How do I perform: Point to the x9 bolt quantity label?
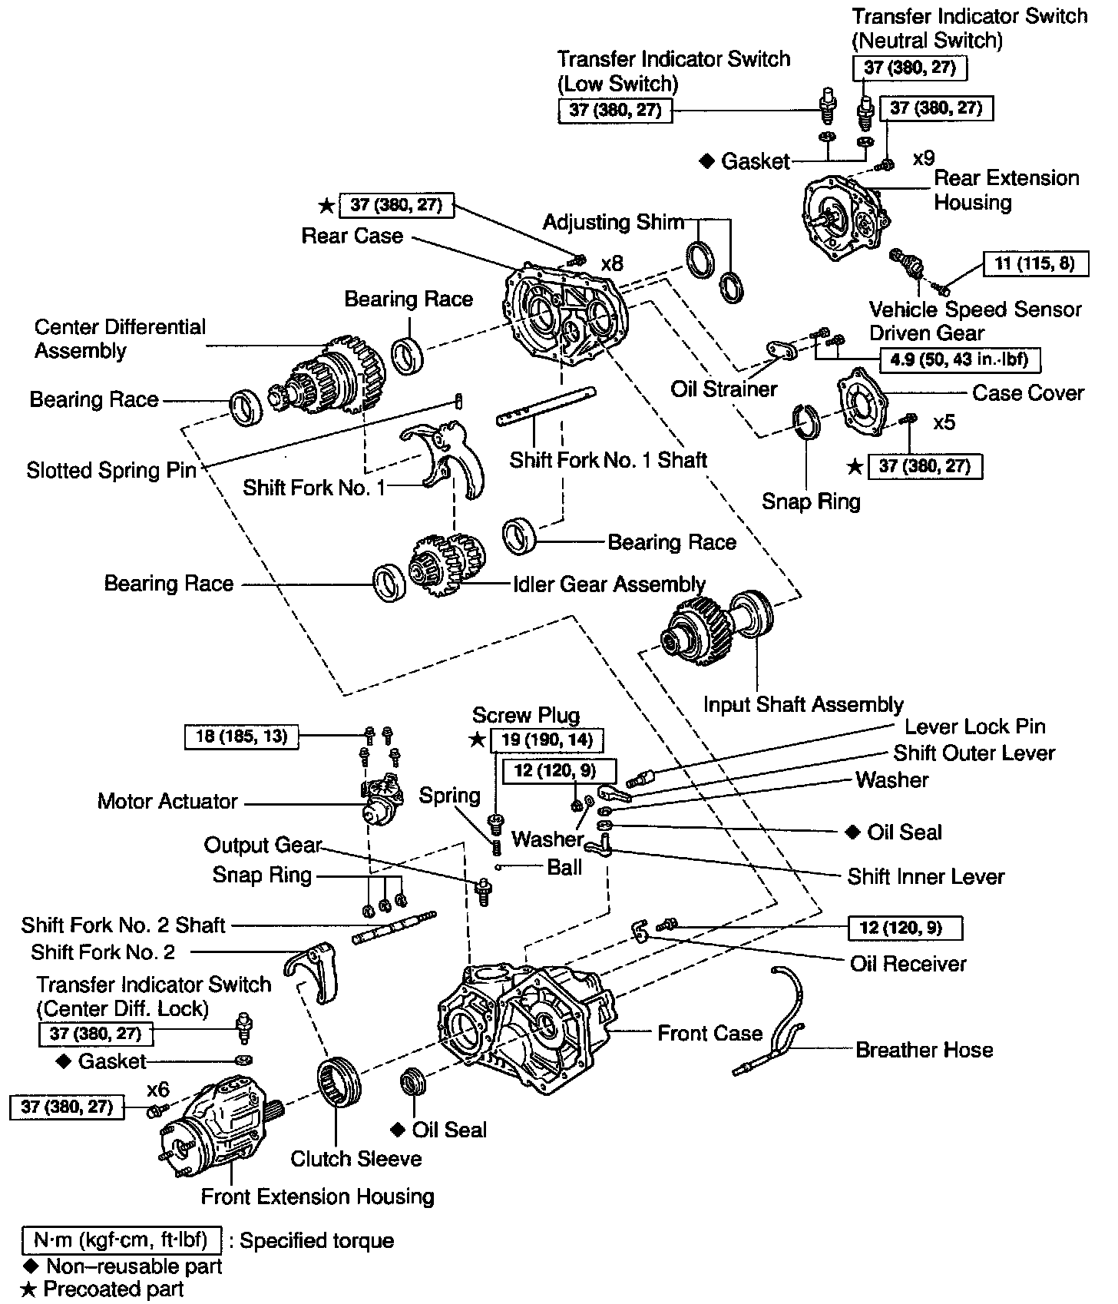tap(924, 158)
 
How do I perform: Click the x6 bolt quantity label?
tap(158, 1090)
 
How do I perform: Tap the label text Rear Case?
tap(352, 236)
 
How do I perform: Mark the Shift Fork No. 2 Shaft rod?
tap(394, 927)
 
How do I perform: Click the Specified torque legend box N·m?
tap(122, 1240)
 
